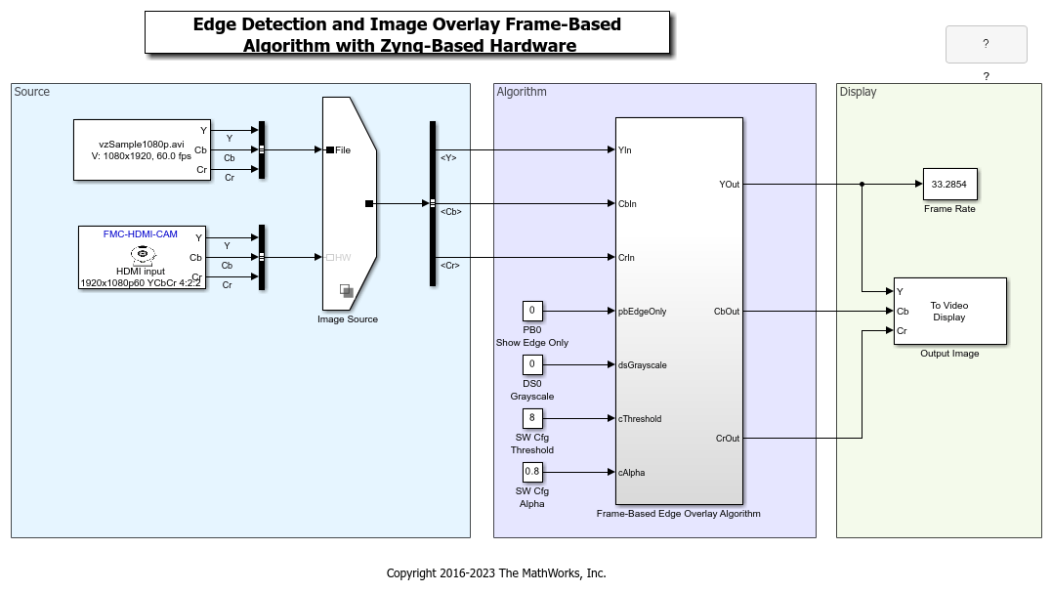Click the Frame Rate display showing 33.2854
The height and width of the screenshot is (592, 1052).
click(x=949, y=184)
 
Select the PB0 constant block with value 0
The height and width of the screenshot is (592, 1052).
click(x=532, y=312)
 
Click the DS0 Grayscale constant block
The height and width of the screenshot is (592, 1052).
click(x=532, y=365)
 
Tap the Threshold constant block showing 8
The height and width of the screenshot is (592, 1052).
click(x=532, y=419)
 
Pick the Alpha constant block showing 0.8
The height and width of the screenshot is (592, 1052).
click(x=532, y=473)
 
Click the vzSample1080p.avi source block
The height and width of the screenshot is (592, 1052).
click(x=142, y=149)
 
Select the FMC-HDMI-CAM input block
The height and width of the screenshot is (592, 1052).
click(x=142, y=257)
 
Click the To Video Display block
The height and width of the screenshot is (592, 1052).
click(x=949, y=311)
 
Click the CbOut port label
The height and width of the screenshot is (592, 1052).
click(x=727, y=312)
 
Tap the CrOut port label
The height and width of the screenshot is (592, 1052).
click(x=728, y=439)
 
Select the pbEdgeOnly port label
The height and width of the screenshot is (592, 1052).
click(x=642, y=312)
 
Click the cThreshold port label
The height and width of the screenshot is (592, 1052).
click(x=640, y=419)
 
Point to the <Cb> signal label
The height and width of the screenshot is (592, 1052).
click(x=450, y=211)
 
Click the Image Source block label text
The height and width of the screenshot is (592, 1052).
click(x=348, y=319)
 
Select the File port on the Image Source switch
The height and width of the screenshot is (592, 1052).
click(x=341, y=150)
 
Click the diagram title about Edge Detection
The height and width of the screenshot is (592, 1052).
click(x=407, y=34)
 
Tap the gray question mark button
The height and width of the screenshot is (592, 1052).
click(x=986, y=44)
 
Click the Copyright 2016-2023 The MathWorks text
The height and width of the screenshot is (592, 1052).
click(x=496, y=573)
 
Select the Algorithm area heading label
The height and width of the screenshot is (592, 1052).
click(x=522, y=92)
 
